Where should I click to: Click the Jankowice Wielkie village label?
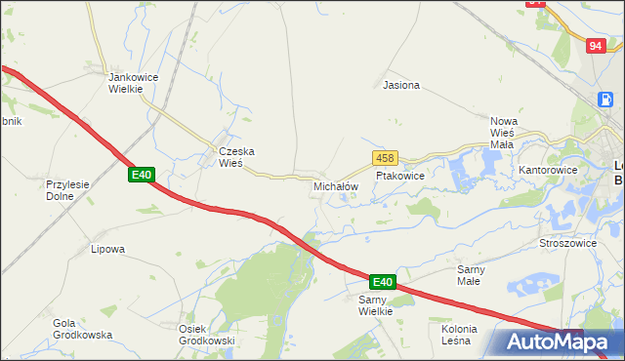click(x=126, y=82)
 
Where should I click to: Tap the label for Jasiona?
click(x=401, y=85)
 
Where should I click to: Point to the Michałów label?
click(x=336, y=185)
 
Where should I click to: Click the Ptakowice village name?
click(x=400, y=176)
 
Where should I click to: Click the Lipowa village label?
click(x=107, y=249)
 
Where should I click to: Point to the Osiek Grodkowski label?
click(x=206, y=334)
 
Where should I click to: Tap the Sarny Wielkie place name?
click(x=375, y=304)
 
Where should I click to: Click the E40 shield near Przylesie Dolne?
click(x=142, y=175)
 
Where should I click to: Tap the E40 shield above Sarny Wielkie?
click(x=382, y=282)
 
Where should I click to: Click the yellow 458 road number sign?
click(x=384, y=157)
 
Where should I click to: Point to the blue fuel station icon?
click(x=605, y=99)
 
